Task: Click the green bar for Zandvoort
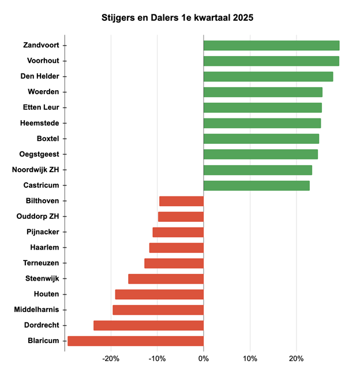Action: (271, 45)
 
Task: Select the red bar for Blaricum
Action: (136, 341)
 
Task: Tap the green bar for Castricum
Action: (256, 185)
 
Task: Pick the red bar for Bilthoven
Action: (181, 201)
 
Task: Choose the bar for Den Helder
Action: (268, 76)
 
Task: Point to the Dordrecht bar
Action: (148, 325)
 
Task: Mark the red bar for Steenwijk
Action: (166, 278)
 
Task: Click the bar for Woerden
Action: (262, 92)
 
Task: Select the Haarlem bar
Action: (176, 247)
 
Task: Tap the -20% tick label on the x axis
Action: (111, 359)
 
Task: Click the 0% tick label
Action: (204, 359)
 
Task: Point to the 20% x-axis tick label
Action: (296, 359)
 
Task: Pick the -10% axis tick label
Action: (157, 359)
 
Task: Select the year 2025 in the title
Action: (242, 18)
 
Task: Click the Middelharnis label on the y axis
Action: (36, 310)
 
